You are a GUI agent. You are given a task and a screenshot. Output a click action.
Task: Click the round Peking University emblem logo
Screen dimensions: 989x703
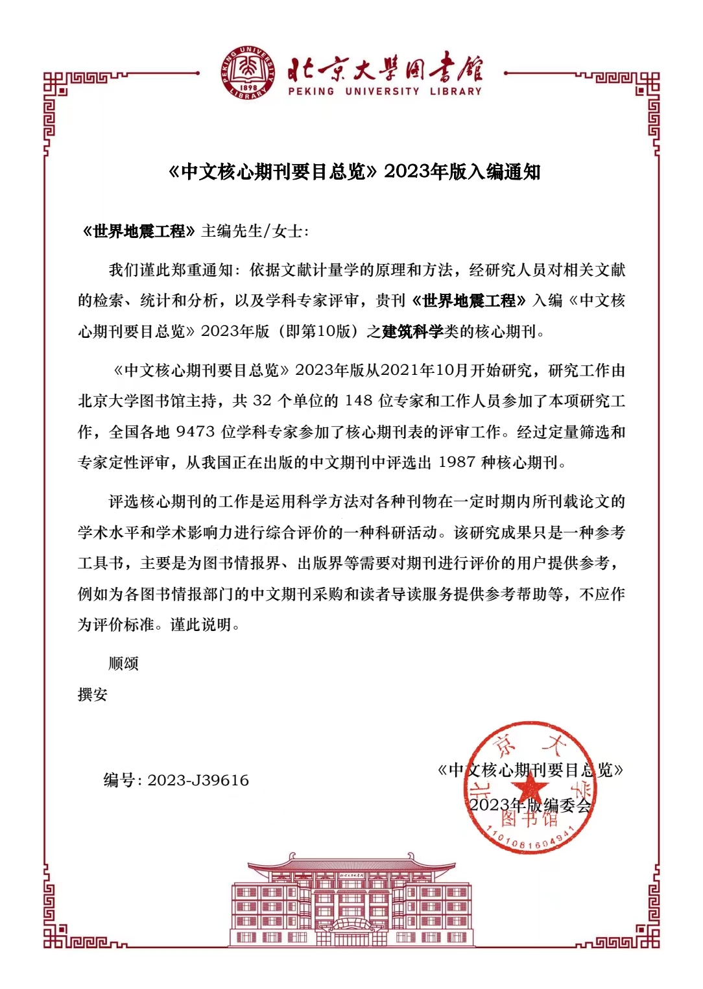pyautogui.click(x=248, y=73)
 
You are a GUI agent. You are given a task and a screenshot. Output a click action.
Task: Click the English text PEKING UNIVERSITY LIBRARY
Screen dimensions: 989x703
pyautogui.click(x=385, y=91)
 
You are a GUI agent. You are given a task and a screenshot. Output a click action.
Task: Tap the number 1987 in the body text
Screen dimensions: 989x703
pyautogui.click(x=457, y=462)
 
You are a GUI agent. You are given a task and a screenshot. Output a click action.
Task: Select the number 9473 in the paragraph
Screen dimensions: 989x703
pyautogui.click(x=195, y=432)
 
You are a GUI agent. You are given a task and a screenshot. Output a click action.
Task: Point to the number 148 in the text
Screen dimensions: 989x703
pyautogui.click(x=359, y=401)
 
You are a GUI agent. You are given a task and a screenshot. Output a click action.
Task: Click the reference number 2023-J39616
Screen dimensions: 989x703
pyautogui.click(x=198, y=780)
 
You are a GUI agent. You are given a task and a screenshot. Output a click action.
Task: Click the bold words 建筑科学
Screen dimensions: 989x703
pyautogui.click(x=412, y=331)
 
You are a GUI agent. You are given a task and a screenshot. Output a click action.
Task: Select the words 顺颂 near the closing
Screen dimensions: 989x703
pyautogui.click(x=123, y=663)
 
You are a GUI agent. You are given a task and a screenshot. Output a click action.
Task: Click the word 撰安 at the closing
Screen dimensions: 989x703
pyautogui.click(x=93, y=695)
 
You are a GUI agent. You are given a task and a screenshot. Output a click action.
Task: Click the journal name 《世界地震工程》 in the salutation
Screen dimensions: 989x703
pyautogui.click(x=139, y=232)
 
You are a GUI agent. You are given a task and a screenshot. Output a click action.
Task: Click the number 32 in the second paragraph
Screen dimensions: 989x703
pyautogui.click(x=262, y=401)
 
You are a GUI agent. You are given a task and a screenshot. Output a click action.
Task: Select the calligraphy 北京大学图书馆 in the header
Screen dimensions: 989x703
pyautogui.click(x=385, y=68)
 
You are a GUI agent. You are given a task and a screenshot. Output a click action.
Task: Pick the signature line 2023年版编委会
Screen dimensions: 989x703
pyautogui.click(x=530, y=805)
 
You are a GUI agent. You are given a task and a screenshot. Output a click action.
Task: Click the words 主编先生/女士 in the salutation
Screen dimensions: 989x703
pyautogui.click(x=255, y=232)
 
